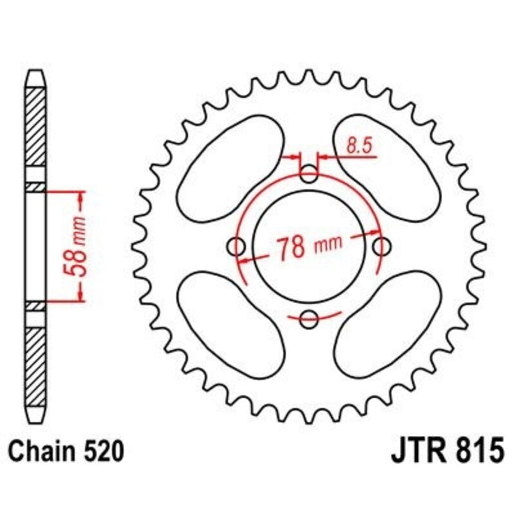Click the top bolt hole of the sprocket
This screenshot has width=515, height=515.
coord(310,173)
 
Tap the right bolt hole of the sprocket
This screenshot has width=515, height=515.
coord(383,245)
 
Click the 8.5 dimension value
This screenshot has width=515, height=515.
coord(358,146)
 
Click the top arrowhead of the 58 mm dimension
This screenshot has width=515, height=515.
coord(80,196)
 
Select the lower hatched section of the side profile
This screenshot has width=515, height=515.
coord(36,364)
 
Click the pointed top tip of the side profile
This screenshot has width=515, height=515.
coord(36,73)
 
